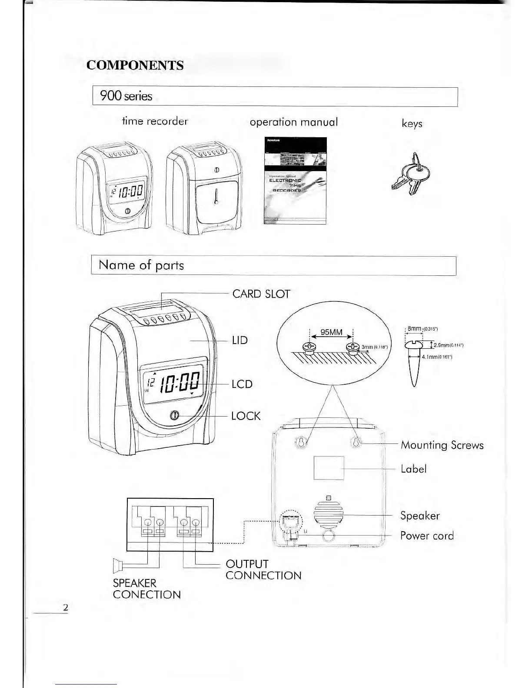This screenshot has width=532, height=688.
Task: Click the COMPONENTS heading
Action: (135, 65)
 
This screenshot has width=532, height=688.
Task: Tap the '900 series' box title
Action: (126, 96)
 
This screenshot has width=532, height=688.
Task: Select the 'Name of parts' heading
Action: (141, 265)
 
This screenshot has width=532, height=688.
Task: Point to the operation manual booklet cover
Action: (295, 181)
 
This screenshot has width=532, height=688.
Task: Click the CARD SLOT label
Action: (261, 294)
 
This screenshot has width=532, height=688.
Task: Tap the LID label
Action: (240, 340)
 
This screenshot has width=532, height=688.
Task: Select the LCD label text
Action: (242, 384)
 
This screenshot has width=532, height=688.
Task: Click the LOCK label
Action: (246, 416)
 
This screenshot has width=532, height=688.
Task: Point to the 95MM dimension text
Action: (331, 333)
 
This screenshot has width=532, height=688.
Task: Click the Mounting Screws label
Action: (442, 445)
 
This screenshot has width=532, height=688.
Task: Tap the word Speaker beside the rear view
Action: (420, 516)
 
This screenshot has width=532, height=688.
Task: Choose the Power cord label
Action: (427, 536)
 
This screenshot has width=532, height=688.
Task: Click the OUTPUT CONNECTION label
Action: (263, 570)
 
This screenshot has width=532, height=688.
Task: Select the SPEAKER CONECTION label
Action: (146, 589)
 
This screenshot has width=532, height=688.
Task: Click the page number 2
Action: (65, 607)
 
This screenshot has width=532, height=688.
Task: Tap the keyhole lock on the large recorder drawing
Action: (174, 416)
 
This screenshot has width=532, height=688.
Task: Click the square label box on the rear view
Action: (329, 468)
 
